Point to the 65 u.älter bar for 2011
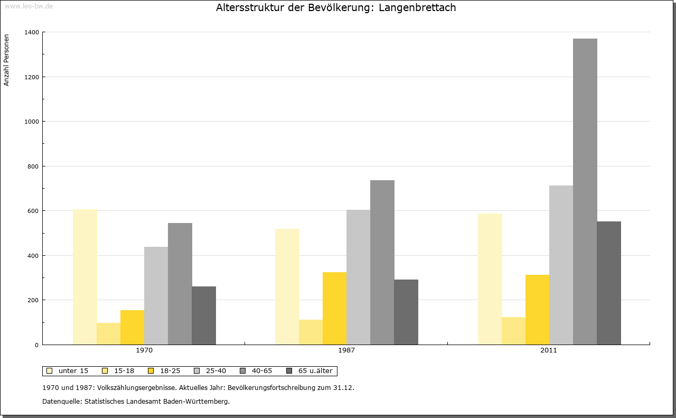pyautogui.click(x=609, y=283)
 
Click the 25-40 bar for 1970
pyautogui.click(x=156, y=295)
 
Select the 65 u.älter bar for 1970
pyautogui.click(x=204, y=315)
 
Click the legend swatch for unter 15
pyautogui.click(x=50, y=371)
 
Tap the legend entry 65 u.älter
pyautogui.click(x=315, y=371)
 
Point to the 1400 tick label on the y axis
pyautogui.click(x=31, y=32)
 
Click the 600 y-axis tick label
pyautogui.click(x=33, y=211)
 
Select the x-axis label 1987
pyautogui.click(x=346, y=350)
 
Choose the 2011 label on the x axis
pyautogui.click(x=548, y=350)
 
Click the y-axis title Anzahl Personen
pyautogui.click(x=7, y=60)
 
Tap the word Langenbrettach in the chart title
pyautogui.click(x=417, y=8)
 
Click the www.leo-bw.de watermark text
pyautogui.click(x=29, y=6)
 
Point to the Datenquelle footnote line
pyautogui.click(x=136, y=401)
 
